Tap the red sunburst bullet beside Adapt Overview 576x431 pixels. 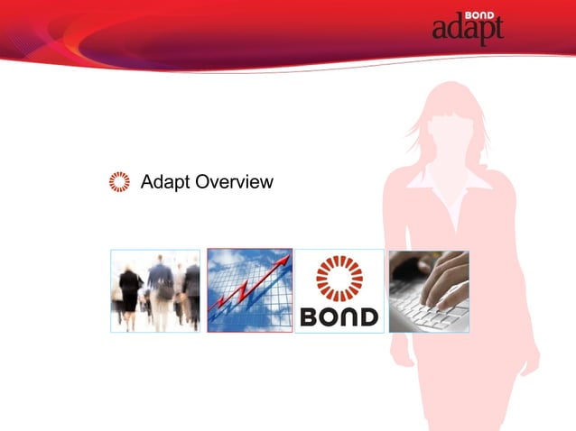pos(119,182)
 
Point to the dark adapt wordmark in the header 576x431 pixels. pos(466,31)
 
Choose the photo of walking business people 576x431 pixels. pos(155,290)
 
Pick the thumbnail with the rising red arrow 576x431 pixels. pos(250,290)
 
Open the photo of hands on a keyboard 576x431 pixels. pos(429,290)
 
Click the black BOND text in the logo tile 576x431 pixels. pos(339,317)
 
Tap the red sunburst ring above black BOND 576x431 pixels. pos(339,278)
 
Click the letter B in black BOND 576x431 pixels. pos(310,317)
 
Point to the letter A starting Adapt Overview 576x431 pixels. pos(148,183)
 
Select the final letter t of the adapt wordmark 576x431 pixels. pos(497,30)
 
